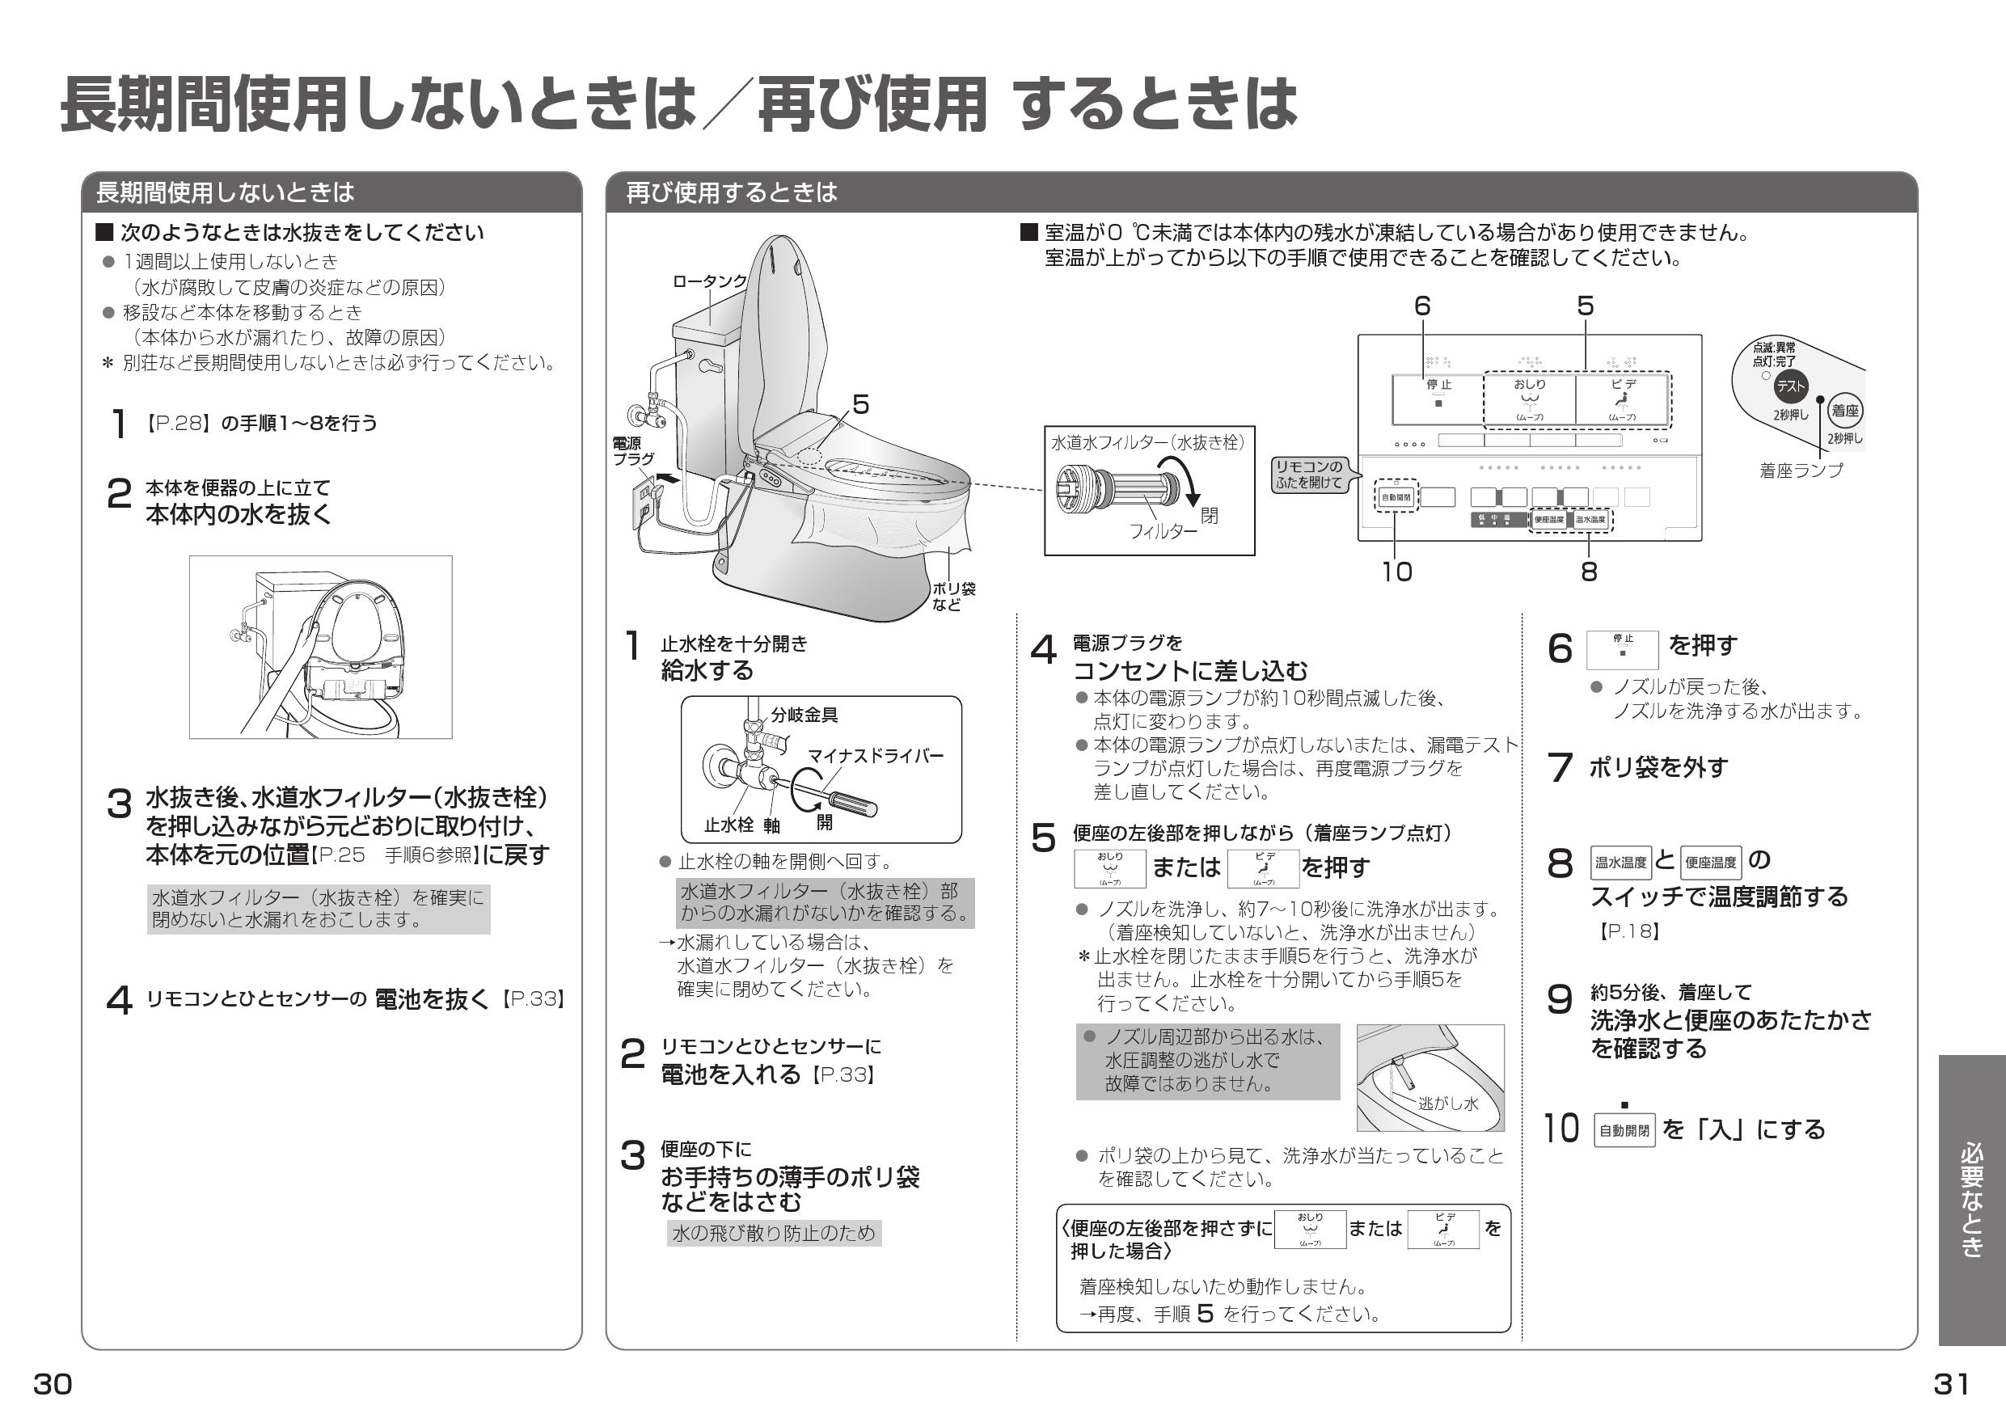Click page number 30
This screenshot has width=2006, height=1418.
[53, 1384]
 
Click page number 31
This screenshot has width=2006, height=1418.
[1951, 1384]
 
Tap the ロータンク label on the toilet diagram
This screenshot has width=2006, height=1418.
[709, 281]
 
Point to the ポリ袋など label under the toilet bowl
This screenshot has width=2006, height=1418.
[953, 597]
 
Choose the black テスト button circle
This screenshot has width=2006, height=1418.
[1789, 386]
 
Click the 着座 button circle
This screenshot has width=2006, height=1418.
[1845, 411]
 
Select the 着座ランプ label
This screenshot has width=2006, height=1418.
[1801, 470]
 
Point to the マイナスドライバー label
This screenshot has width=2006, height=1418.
[875, 756]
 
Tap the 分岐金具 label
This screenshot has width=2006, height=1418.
[804, 715]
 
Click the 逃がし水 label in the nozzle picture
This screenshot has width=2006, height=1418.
[1448, 1103]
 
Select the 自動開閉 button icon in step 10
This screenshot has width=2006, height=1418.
[1624, 1130]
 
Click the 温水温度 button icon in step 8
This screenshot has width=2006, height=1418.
[1620, 863]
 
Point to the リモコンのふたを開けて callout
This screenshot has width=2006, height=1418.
[1309, 475]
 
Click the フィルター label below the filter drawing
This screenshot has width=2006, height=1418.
[1163, 531]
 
